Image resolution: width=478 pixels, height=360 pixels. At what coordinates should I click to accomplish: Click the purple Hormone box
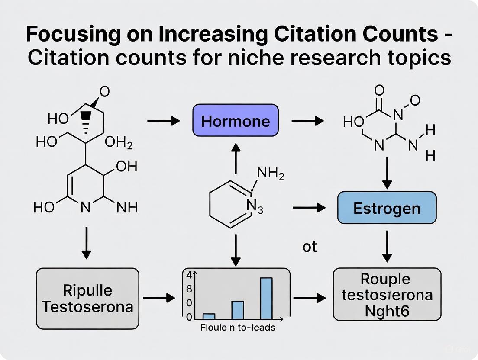click(x=235, y=120)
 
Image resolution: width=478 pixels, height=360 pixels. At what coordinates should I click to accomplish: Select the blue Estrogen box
click(x=387, y=208)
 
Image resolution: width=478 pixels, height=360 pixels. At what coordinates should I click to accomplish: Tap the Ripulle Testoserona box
click(x=87, y=298)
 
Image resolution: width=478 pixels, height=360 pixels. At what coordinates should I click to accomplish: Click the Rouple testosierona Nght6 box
click(x=387, y=293)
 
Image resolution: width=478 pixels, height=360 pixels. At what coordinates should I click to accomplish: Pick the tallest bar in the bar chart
click(x=266, y=298)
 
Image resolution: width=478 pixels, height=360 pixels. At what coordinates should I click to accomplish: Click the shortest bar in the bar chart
click(x=209, y=316)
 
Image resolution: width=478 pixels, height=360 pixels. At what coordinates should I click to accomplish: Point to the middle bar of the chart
click(x=238, y=309)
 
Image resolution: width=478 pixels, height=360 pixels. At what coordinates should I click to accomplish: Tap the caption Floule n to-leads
click(x=238, y=328)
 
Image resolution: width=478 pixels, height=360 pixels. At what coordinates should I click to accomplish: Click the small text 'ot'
click(x=310, y=247)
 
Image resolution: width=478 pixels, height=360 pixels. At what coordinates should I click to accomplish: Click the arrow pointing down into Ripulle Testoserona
click(x=87, y=242)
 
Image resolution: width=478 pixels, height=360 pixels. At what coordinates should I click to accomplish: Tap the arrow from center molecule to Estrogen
click(x=309, y=208)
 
